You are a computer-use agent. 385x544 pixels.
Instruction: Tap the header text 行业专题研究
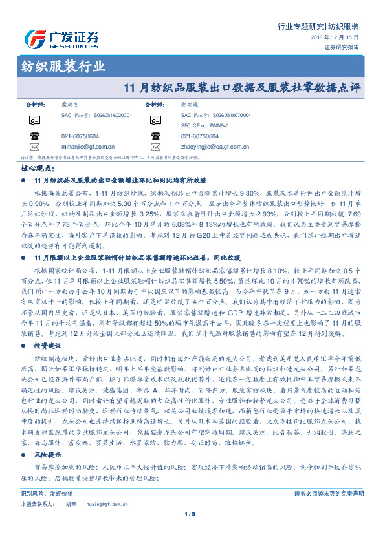click(x=300, y=26)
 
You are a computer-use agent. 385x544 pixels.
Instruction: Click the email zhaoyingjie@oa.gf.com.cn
click(x=215, y=146)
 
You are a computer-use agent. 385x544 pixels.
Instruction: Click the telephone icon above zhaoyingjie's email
click(x=156, y=136)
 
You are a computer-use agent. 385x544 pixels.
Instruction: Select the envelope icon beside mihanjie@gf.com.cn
click(x=34, y=146)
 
